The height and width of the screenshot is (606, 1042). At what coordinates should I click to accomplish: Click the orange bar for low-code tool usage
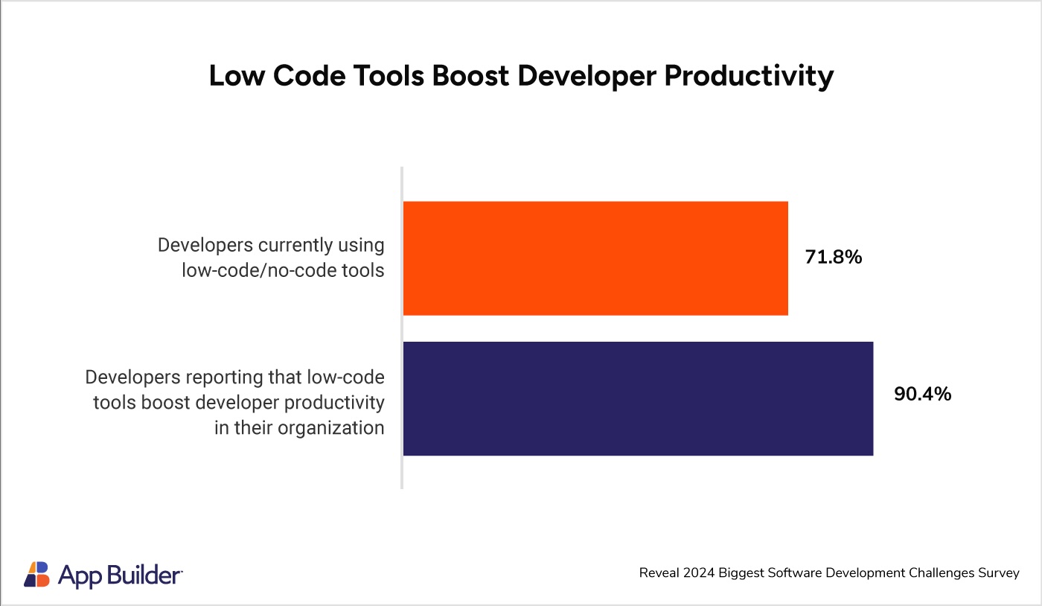(595, 258)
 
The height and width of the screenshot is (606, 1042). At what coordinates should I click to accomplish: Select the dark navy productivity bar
(639, 398)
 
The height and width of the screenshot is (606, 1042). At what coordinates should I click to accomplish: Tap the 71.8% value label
(833, 257)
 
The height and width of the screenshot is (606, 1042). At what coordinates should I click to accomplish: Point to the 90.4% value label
(922, 394)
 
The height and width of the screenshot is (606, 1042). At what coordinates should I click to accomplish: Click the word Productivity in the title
(749, 76)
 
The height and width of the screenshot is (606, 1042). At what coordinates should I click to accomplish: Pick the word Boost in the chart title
(470, 75)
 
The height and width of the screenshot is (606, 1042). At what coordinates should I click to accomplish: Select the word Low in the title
(237, 75)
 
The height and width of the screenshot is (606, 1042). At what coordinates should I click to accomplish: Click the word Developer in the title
(586, 77)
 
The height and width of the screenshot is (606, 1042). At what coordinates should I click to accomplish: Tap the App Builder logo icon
(36, 574)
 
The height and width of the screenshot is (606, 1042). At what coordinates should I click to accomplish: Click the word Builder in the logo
(144, 575)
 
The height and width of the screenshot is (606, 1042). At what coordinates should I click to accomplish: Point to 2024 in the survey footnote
(699, 573)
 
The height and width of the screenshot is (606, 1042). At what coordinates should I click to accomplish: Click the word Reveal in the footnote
(659, 573)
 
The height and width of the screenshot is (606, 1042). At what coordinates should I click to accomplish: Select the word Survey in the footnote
(999, 573)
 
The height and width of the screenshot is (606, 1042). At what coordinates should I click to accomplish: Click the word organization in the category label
(331, 428)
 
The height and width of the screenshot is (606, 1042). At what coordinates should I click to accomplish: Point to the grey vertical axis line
(401, 328)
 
